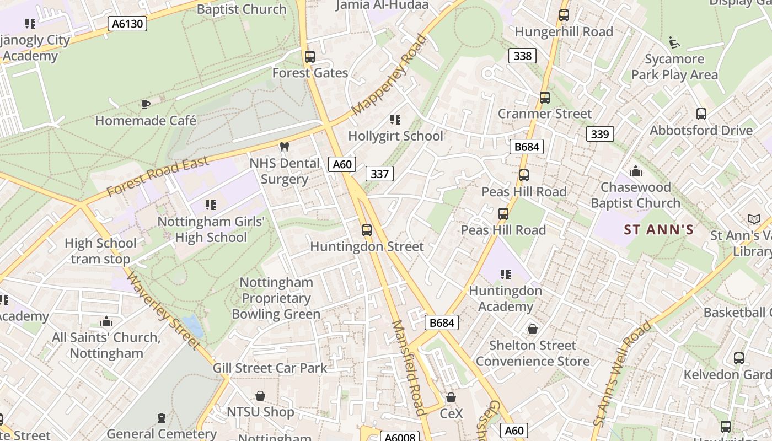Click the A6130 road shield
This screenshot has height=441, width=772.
pos(127,23)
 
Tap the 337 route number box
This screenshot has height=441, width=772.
pos(379,174)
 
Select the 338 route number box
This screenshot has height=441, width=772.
pos(522,56)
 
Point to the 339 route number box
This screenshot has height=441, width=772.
pos(599,134)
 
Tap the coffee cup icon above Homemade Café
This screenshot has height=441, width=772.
pos(145,104)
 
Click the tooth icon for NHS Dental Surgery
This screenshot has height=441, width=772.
pos(285,147)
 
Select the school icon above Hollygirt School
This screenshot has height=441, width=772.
pos(395,119)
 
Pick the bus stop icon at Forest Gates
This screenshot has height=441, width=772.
pos(310,56)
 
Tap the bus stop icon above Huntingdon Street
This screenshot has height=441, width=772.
pos(367,230)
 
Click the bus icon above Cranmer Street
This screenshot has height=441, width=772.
pos(545,98)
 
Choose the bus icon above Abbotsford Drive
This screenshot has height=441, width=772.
pos(701,114)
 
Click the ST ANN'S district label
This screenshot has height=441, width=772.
pos(658,229)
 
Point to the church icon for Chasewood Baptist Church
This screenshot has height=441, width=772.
pos(636,171)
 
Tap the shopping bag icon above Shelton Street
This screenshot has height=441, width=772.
pos(533,329)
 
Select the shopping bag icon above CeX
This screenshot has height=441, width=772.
pos(451,397)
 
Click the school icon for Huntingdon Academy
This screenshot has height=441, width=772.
pos(505,274)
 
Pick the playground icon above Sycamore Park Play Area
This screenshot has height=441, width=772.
pos(674,42)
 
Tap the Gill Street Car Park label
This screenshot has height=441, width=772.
pos(270,368)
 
